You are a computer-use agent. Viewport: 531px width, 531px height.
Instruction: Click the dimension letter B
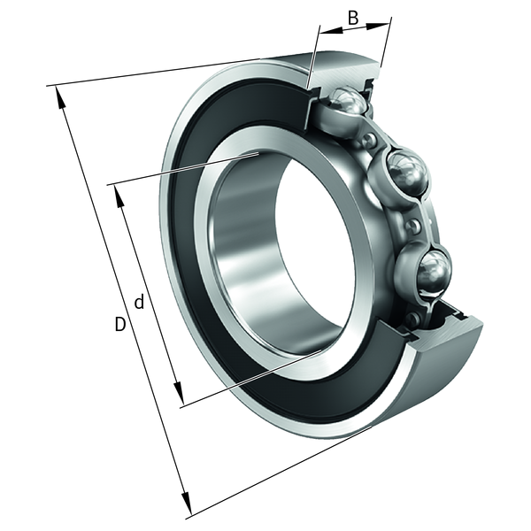coord(353,18)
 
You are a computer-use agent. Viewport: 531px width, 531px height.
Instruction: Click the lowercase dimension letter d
coord(139,302)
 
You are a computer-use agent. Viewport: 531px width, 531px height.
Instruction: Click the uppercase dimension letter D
coord(119,324)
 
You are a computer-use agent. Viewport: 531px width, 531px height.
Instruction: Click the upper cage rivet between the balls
coord(368,139)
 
